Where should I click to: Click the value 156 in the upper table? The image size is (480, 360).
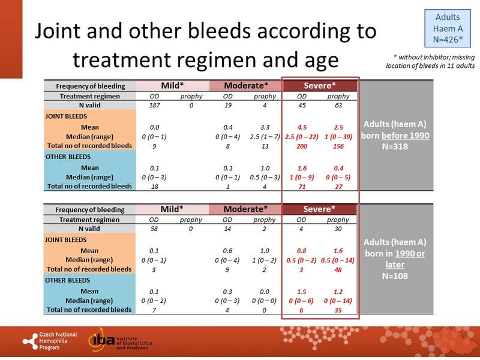click(x=338, y=146)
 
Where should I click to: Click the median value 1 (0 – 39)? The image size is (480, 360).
click(x=338, y=136)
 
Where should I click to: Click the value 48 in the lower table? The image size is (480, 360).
click(x=338, y=270)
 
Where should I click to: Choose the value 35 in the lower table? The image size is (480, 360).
click(x=338, y=310)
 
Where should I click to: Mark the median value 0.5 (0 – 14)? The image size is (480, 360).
click(x=338, y=260)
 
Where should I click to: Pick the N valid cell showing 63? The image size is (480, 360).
click(x=338, y=106)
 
